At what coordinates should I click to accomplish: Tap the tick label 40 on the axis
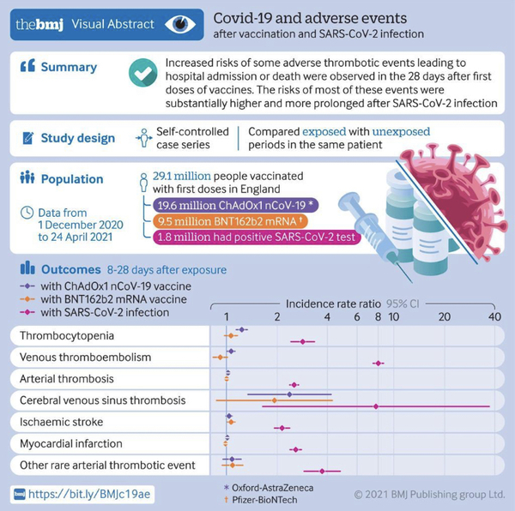[495, 316]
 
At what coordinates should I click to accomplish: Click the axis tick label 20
[445, 316]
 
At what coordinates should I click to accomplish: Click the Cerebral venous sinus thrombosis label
[103, 400]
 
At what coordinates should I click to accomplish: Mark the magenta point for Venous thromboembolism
[378, 364]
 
